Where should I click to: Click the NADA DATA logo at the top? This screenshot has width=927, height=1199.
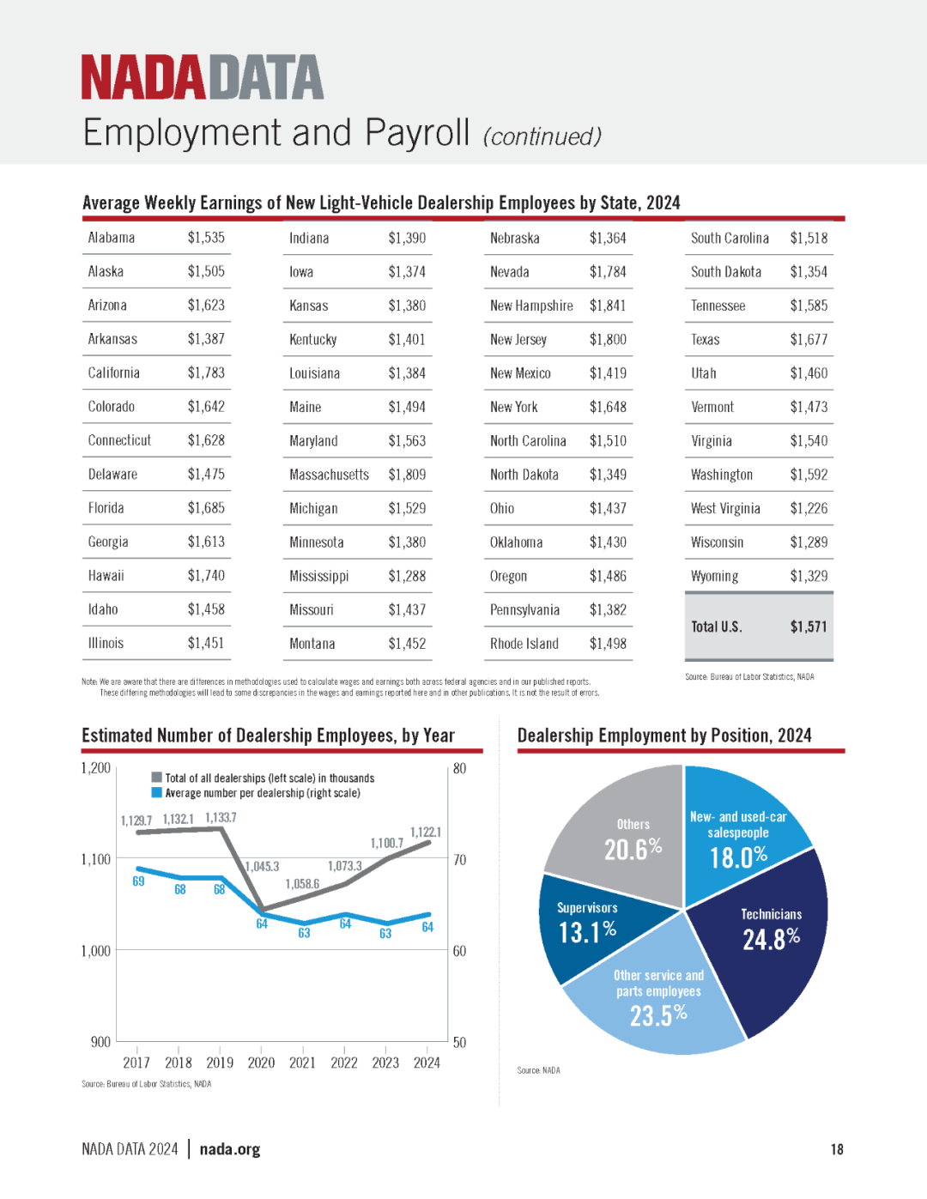[x=203, y=76]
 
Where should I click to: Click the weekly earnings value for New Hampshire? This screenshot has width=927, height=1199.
[x=608, y=306]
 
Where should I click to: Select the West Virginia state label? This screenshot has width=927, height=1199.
[x=725, y=508]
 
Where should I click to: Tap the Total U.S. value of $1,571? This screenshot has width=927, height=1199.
[x=809, y=627]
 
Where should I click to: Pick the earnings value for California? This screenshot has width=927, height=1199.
[x=206, y=373]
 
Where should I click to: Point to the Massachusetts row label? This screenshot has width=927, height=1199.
[x=329, y=475]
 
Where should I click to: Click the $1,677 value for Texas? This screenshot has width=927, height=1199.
[x=809, y=339]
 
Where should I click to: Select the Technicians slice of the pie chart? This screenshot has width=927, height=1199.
[x=767, y=938]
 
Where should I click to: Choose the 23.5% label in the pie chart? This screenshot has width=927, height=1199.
[x=658, y=1016]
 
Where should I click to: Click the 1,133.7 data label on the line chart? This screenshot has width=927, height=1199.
[x=221, y=817]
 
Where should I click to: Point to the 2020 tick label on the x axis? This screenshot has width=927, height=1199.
[x=261, y=1063]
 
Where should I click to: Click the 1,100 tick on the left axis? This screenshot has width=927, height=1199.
[x=96, y=859]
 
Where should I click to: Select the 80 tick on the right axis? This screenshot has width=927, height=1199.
[x=460, y=768]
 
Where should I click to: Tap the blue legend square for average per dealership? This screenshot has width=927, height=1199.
[x=157, y=792]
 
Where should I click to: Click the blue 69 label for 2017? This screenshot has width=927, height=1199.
[x=138, y=881]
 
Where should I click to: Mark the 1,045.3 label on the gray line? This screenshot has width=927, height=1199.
[x=263, y=866]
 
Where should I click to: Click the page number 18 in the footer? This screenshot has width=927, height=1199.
[x=837, y=1149]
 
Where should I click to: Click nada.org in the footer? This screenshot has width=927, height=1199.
[x=229, y=1149]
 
